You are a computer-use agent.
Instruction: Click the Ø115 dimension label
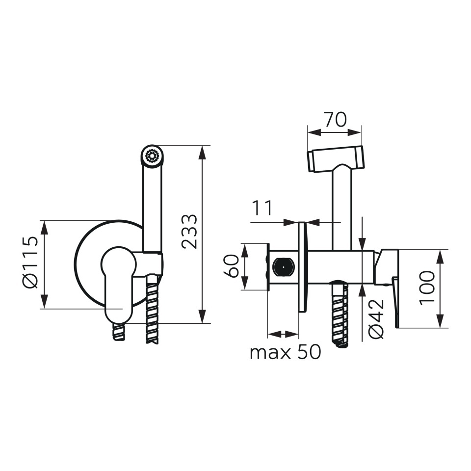pyautogui.click(x=30, y=262)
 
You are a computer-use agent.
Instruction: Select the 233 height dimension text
pyautogui.click(x=189, y=231)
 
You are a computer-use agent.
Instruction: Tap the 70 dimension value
pyautogui.click(x=335, y=119)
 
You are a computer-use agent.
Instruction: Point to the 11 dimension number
pyautogui.click(x=262, y=208)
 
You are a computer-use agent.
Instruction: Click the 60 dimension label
pyautogui.click(x=232, y=266)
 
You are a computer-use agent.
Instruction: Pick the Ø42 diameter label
pyautogui.click(x=376, y=319)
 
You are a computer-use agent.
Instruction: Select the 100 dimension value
pyautogui.click(x=427, y=288)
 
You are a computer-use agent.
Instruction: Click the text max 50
pyautogui.click(x=286, y=352)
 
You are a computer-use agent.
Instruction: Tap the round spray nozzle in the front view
pyautogui.click(x=152, y=156)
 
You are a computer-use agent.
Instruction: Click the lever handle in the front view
pyautogui.click(x=118, y=284)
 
